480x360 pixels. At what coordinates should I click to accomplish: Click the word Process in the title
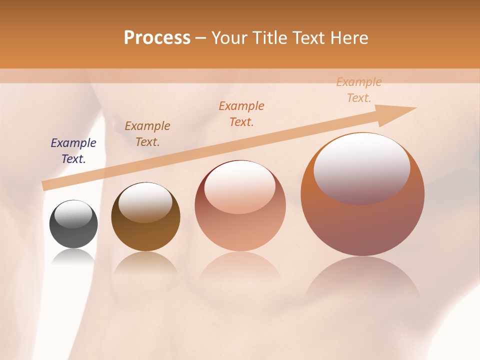click(157, 38)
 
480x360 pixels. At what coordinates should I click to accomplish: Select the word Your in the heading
click(230, 38)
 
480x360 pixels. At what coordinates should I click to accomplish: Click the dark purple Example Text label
click(73, 151)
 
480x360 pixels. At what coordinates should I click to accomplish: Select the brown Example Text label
click(147, 134)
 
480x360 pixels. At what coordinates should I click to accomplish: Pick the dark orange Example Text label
click(241, 113)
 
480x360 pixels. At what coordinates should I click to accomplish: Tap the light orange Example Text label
click(359, 90)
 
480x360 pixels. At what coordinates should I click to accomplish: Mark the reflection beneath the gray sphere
click(73, 257)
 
